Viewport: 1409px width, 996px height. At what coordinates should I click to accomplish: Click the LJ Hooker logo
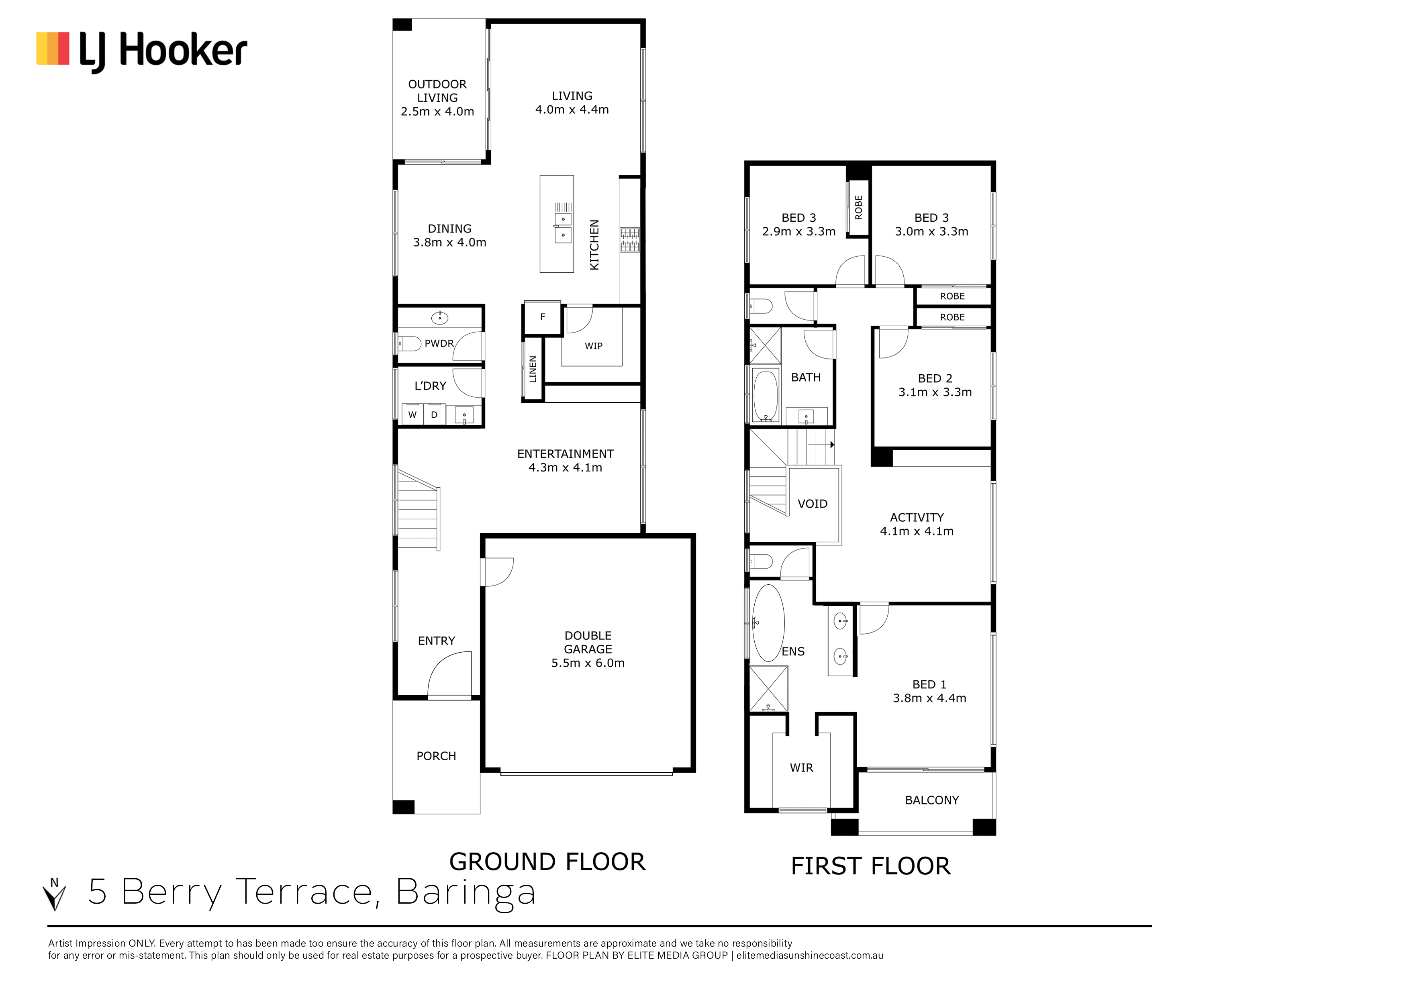pos(142,51)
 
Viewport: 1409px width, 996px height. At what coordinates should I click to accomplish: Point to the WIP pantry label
pos(593,346)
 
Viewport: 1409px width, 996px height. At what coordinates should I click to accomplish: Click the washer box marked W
pos(412,415)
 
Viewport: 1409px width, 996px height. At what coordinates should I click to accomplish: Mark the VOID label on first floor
pos(813,504)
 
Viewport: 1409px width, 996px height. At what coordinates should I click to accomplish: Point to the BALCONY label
pos(931,800)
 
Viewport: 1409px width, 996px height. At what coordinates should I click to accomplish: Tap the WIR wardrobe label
pos(801,768)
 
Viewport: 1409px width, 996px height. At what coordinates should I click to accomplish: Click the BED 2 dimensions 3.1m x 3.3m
pos(935,392)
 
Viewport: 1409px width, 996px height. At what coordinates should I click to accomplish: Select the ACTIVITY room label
pos(917,517)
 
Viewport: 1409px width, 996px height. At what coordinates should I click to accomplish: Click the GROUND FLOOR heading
pos(547,861)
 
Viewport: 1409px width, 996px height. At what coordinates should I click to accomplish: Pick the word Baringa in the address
pos(466,893)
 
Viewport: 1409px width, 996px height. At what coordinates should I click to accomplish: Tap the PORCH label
pos(436,756)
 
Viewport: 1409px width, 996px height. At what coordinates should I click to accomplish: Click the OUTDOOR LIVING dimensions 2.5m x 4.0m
pos(437,112)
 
